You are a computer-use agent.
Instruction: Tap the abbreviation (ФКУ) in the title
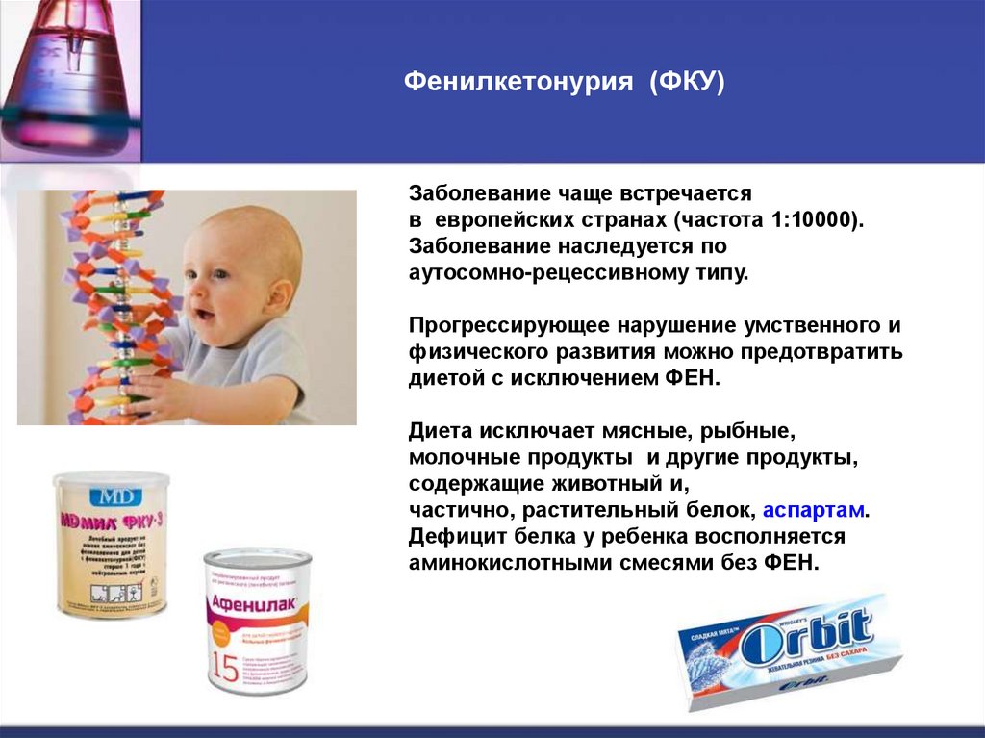pos(686,83)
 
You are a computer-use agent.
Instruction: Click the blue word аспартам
pos(817,509)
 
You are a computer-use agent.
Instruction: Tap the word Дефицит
pos(448,536)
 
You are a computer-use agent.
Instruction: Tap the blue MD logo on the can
pos(110,496)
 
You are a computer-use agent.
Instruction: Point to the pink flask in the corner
pos(67,77)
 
